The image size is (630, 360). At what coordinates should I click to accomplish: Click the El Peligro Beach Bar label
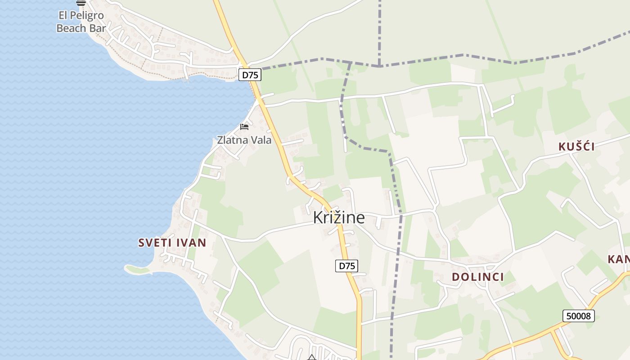(81, 22)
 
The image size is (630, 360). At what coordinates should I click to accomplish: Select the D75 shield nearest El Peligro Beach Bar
(250, 75)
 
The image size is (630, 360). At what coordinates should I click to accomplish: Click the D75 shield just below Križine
(346, 266)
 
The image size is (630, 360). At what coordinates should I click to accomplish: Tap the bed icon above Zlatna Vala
(244, 127)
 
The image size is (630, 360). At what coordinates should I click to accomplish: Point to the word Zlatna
(232, 140)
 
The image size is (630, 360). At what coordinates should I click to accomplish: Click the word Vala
(261, 140)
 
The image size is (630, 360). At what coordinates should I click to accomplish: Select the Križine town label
(339, 218)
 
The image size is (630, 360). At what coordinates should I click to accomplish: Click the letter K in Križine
(318, 218)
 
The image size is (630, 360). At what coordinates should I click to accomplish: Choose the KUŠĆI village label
(576, 147)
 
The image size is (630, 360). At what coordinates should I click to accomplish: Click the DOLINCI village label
(478, 277)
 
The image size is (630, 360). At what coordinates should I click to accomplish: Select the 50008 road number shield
(578, 316)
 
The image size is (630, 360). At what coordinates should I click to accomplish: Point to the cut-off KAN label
(618, 259)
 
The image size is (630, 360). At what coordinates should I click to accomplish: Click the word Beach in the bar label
(71, 28)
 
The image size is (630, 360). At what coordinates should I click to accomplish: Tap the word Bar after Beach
(97, 28)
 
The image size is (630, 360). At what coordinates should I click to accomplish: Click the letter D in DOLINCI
(456, 277)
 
